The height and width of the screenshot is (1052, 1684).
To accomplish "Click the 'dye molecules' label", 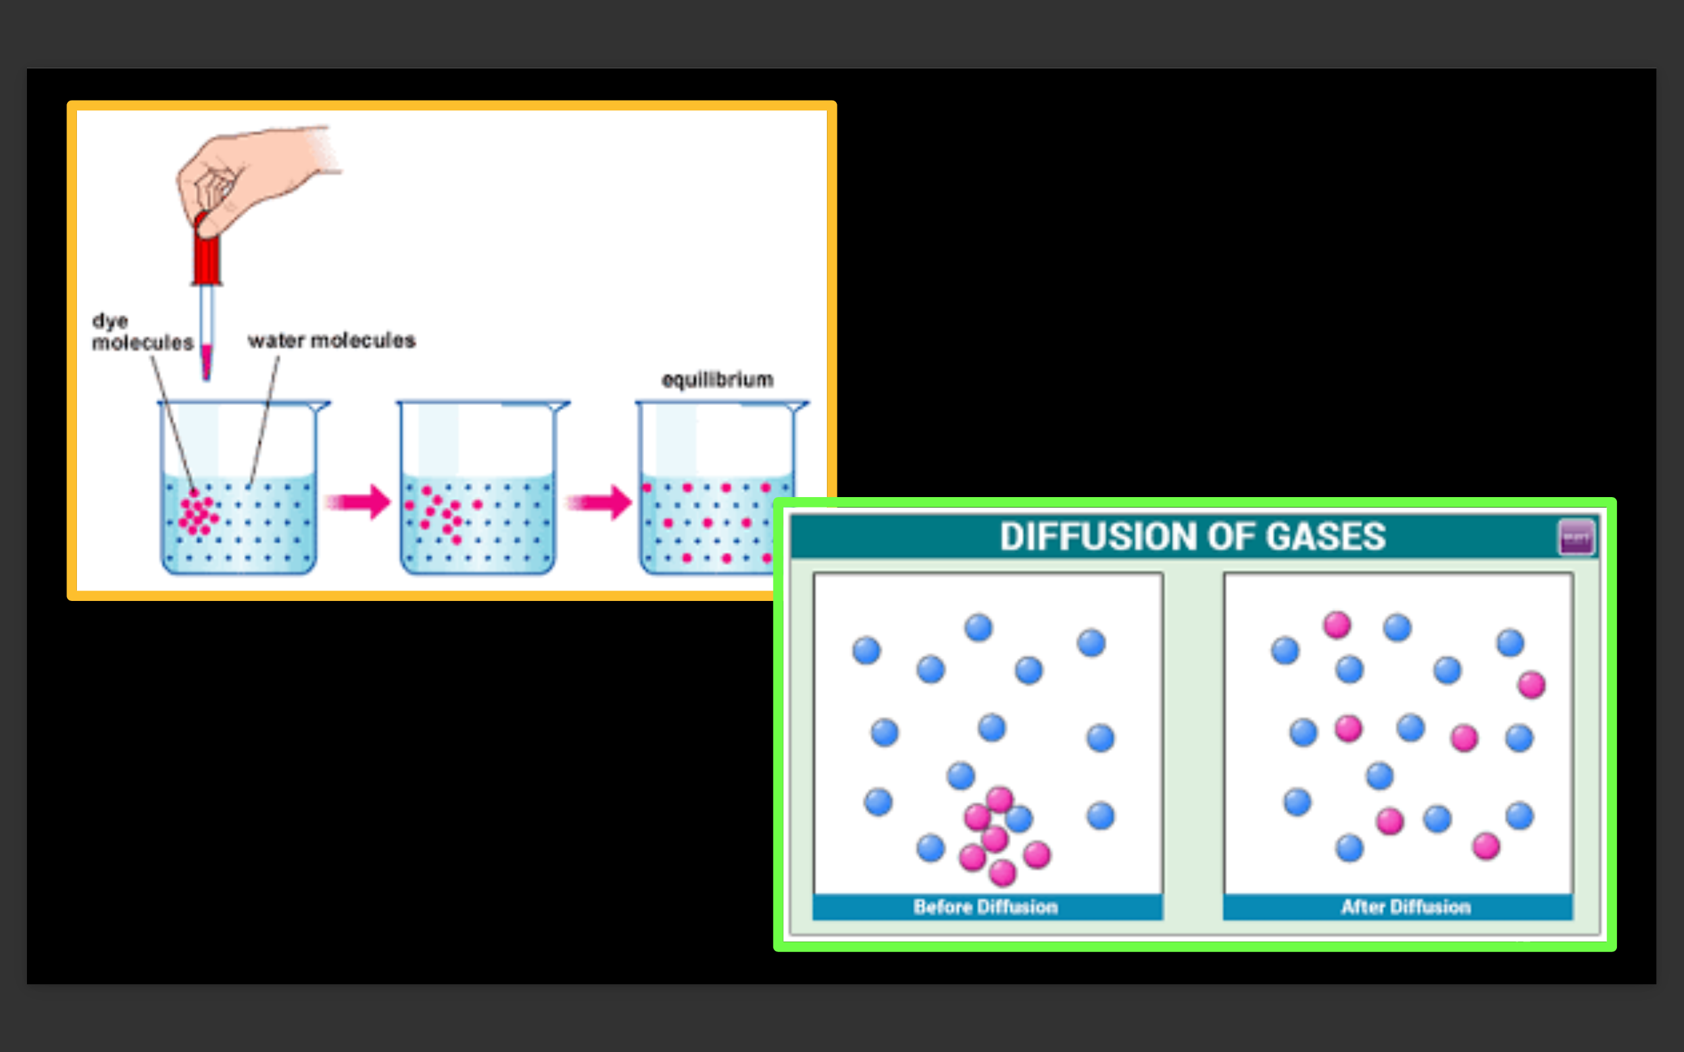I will (x=142, y=332).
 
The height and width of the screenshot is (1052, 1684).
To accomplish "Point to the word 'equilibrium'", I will (x=717, y=380).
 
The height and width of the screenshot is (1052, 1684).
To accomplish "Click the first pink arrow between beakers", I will (x=359, y=502).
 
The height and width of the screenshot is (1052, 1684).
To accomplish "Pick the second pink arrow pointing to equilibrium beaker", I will (x=599, y=502).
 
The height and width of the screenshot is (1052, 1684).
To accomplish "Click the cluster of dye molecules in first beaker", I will (x=198, y=514).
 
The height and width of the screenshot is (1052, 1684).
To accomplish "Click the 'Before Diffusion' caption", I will (x=985, y=907).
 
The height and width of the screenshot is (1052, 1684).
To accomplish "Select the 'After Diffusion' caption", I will (x=1406, y=907).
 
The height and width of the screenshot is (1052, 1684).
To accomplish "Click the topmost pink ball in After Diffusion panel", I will (x=1337, y=625).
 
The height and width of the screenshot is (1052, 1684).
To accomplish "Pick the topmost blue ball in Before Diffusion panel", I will (x=978, y=627).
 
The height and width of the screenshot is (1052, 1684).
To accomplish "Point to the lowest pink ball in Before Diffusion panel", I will (x=1003, y=872).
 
